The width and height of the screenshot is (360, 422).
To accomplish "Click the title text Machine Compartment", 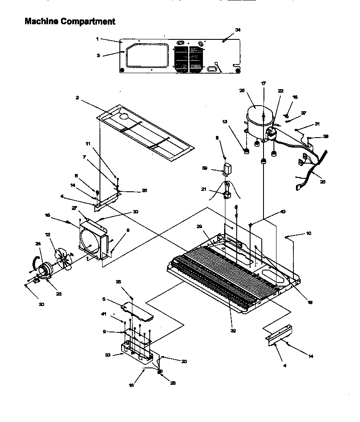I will tap(70, 21).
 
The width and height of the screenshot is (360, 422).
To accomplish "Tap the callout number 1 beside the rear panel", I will tap(97, 39).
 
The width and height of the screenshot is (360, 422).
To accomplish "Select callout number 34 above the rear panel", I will tap(238, 29).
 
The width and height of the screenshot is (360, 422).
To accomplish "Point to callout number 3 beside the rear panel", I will tap(98, 55).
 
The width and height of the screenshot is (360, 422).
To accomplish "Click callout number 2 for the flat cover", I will tap(77, 98).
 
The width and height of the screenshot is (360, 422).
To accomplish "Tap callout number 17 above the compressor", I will tap(263, 83).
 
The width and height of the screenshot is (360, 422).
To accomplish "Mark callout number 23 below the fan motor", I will tap(58, 294).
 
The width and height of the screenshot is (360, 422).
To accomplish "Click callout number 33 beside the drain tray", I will tap(108, 354).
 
